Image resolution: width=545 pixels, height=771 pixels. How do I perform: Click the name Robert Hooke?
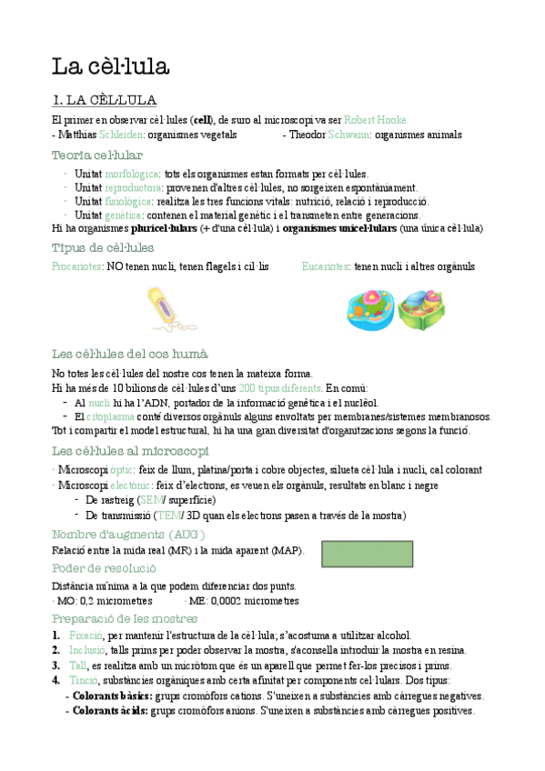[x=376, y=119]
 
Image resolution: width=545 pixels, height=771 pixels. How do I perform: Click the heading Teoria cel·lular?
[x=97, y=155]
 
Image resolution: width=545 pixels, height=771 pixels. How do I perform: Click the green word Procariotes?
[x=77, y=266]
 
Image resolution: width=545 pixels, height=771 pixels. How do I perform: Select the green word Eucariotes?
[x=326, y=266]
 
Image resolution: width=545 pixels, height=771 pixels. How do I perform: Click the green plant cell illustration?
[x=421, y=310]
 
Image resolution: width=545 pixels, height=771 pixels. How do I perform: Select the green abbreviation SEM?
[x=148, y=500]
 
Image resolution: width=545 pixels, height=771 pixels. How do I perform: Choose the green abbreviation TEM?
[x=169, y=516]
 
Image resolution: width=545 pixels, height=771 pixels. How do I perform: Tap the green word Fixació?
[x=86, y=636]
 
